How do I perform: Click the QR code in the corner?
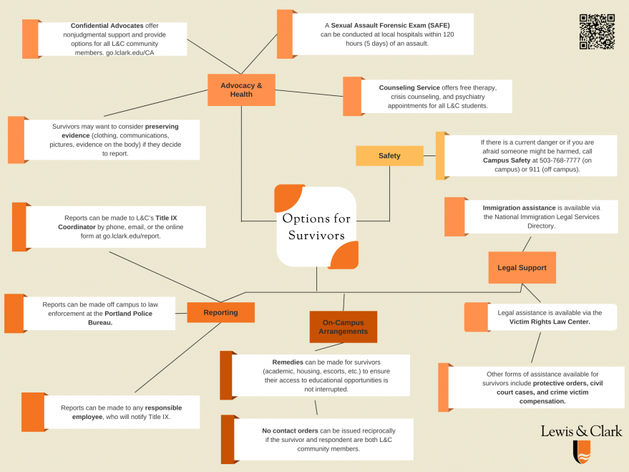(597, 32)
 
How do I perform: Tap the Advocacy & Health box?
(241, 90)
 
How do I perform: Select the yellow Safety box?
(389, 155)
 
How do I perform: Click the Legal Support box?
(522, 268)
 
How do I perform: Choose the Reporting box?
(220, 312)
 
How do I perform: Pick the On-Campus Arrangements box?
(344, 327)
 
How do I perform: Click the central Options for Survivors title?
(316, 227)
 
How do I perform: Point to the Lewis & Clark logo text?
(581, 430)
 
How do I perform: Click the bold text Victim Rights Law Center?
(550, 322)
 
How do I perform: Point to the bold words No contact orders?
(290, 430)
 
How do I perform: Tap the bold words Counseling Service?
(409, 87)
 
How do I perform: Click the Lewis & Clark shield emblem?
(582, 452)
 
